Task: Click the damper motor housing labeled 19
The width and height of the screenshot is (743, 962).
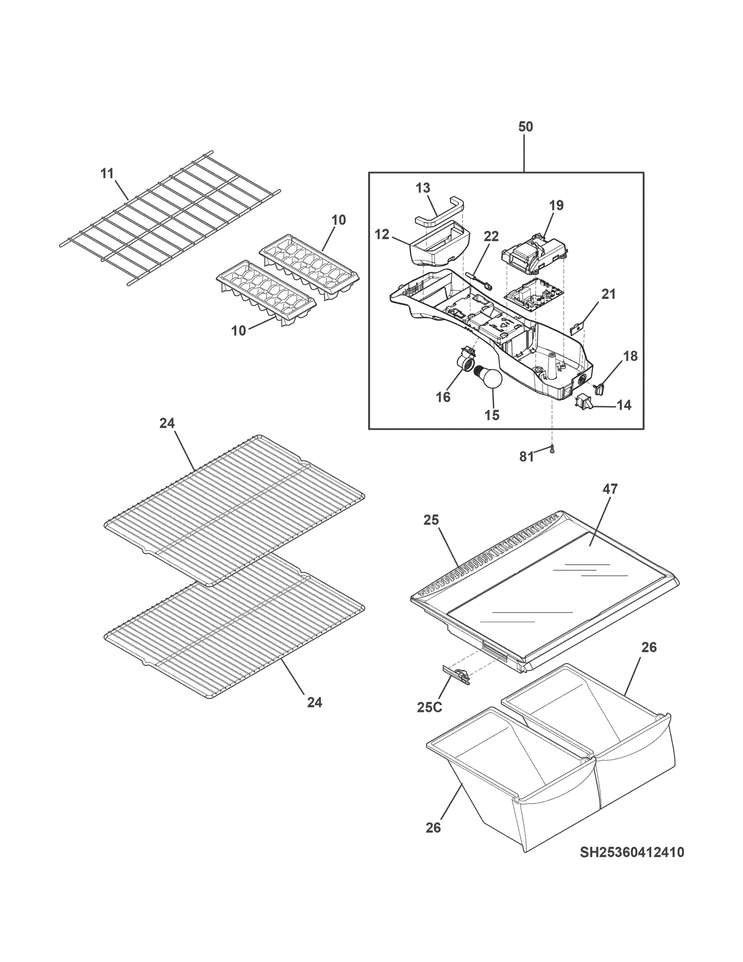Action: tap(532, 257)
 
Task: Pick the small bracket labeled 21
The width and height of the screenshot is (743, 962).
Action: tap(576, 327)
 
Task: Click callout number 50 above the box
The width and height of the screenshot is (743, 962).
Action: tap(525, 126)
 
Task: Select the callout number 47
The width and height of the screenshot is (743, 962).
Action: tap(610, 489)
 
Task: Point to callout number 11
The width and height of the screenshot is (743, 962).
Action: tap(107, 174)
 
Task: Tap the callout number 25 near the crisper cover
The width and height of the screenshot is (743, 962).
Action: tap(430, 520)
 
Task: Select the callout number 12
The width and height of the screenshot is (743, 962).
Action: tap(382, 235)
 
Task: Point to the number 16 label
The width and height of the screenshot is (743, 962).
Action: tap(443, 397)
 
